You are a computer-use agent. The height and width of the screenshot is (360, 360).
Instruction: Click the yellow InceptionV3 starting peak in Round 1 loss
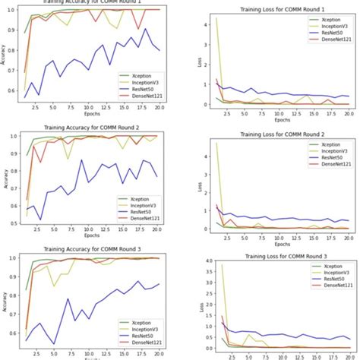coord(216,20)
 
